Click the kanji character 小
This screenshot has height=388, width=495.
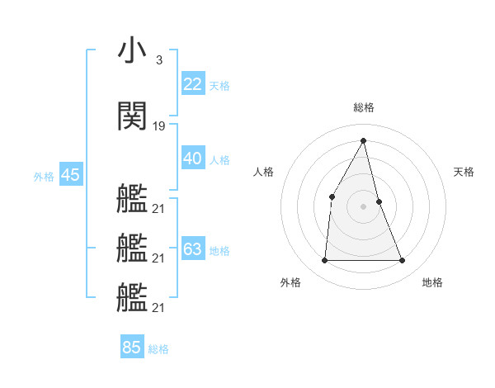(x=132, y=52)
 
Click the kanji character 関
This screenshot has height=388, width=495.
(x=132, y=117)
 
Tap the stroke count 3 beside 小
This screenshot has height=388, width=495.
(x=158, y=60)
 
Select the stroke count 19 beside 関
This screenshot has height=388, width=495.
(x=159, y=126)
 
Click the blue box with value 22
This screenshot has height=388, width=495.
(x=193, y=84)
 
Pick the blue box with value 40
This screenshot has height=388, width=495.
(x=193, y=159)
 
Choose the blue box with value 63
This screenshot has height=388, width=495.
(x=193, y=249)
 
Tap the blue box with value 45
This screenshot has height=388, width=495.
(x=70, y=175)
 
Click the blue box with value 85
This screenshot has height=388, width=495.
(x=132, y=348)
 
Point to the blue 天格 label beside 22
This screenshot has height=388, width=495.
(x=219, y=85)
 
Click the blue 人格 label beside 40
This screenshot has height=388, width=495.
(x=219, y=159)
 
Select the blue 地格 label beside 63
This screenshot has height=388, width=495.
(x=219, y=250)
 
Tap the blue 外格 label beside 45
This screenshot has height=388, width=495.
(x=44, y=176)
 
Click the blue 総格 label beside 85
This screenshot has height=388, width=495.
(x=158, y=349)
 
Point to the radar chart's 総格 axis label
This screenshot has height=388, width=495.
(x=364, y=107)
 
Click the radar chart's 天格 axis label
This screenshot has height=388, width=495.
(x=464, y=172)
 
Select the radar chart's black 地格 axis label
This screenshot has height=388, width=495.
(x=432, y=282)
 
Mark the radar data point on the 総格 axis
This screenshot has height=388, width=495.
(x=364, y=140)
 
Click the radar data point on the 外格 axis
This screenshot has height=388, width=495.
(x=324, y=261)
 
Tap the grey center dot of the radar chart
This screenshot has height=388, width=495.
(x=364, y=206)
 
